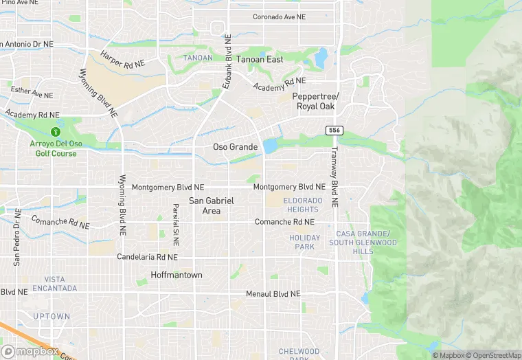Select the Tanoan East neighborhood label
[x=260, y=60]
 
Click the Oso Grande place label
[x=235, y=147]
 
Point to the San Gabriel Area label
[x=212, y=205]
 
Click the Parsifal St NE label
[x=176, y=225]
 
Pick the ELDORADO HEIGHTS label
[x=302, y=205]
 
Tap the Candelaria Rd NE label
[x=148, y=257]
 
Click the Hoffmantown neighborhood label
[x=177, y=275]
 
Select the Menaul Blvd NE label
[x=274, y=293]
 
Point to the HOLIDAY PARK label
[x=305, y=242]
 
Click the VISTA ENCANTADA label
[x=55, y=284]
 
